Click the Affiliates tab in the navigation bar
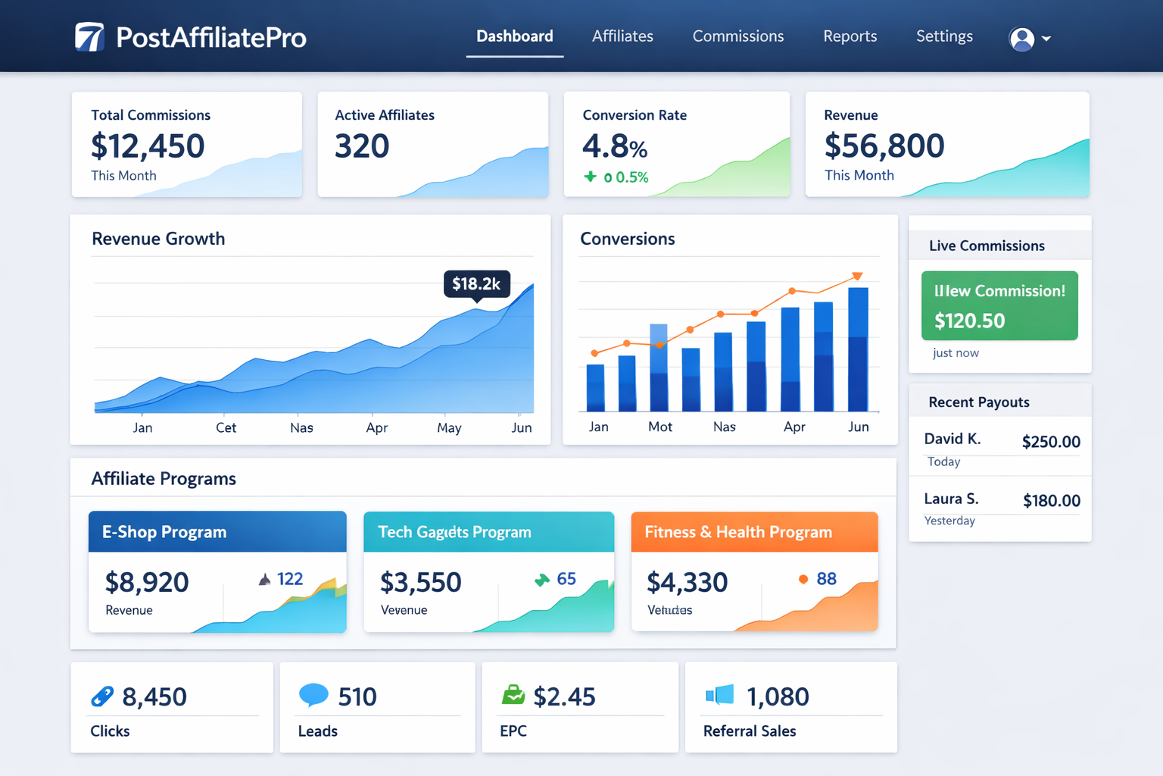point(622,36)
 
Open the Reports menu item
point(850,36)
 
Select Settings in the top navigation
point(944,36)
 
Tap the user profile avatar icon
point(1021,39)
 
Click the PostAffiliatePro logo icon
point(89,37)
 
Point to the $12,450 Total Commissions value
point(148,146)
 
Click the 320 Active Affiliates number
point(362,146)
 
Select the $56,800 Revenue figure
point(884,146)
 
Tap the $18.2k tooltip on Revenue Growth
point(476,284)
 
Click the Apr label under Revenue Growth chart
point(376,428)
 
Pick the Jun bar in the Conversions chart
point(858,349)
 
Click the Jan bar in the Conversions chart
point(596,387)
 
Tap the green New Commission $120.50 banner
point(999,305)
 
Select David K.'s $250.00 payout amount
point(1051,442)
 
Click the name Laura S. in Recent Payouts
point(951,499)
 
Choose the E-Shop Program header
point(217,532)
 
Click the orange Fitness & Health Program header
point(754,532)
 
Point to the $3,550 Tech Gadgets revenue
point(420,583)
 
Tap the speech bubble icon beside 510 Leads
point(313,694)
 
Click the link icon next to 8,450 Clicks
point(102,696)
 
